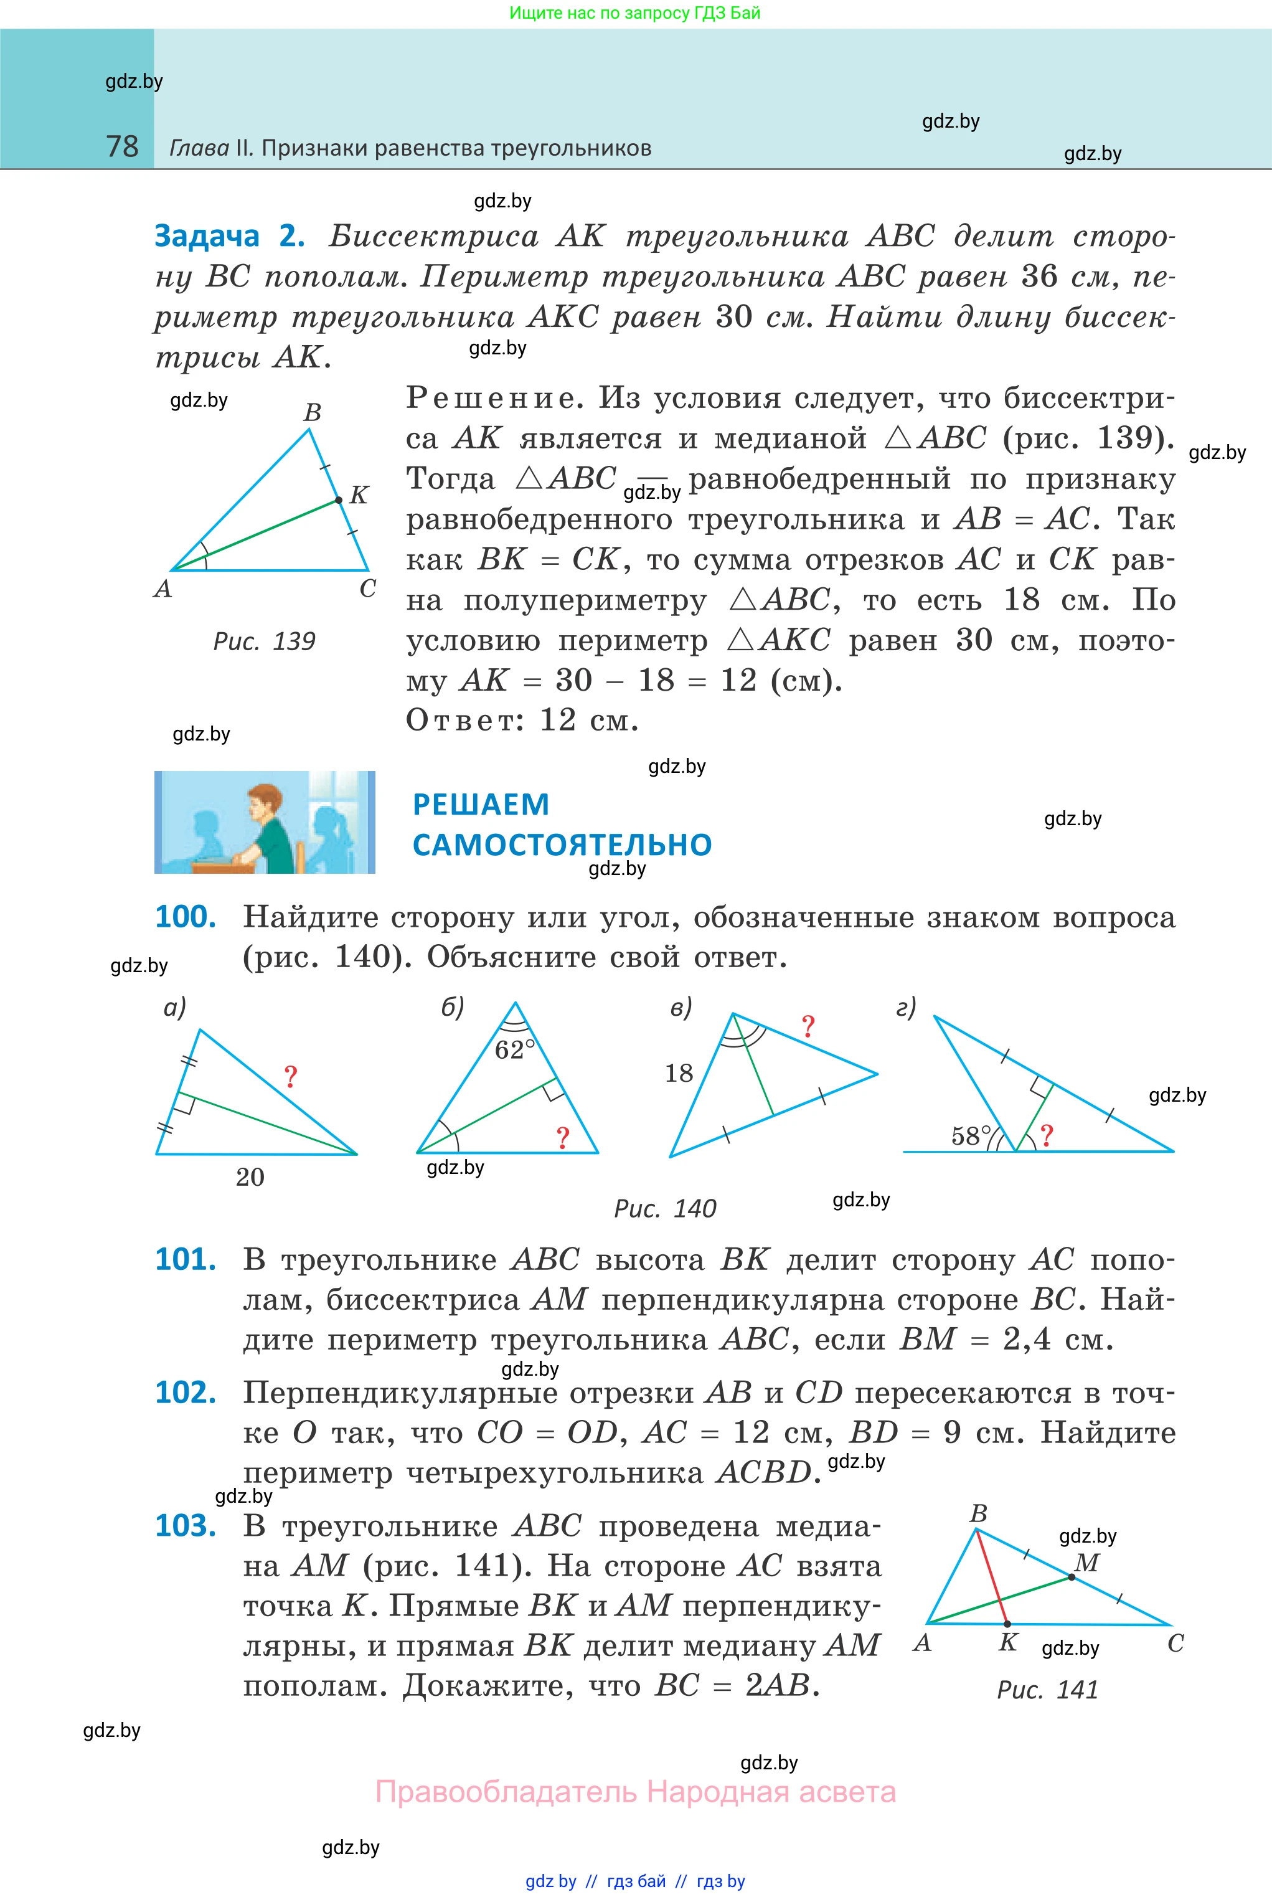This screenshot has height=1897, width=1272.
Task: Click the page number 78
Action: point(123,147)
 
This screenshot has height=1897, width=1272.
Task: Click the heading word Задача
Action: point(207,236)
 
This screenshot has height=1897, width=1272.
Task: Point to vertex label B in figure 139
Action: point(313,412)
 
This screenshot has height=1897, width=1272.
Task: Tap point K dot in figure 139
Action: point(339,501)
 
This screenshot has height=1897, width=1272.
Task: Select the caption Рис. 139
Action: point(263,642)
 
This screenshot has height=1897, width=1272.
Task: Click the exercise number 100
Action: point(186,917)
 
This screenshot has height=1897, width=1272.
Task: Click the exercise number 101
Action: point(186,1259)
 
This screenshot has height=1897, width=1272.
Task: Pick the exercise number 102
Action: point(186,1393)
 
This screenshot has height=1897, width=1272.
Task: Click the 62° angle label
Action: point(515,1050)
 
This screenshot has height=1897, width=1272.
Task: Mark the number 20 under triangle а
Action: point(250,1177)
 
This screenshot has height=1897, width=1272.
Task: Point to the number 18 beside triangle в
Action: point(679,1074)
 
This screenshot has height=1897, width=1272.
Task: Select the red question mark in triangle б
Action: point(563,1138)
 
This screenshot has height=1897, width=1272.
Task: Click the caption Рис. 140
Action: point(665,1209)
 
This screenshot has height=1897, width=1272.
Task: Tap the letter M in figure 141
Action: point(1087,1563)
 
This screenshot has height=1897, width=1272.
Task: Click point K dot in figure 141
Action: point(1007,1624)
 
